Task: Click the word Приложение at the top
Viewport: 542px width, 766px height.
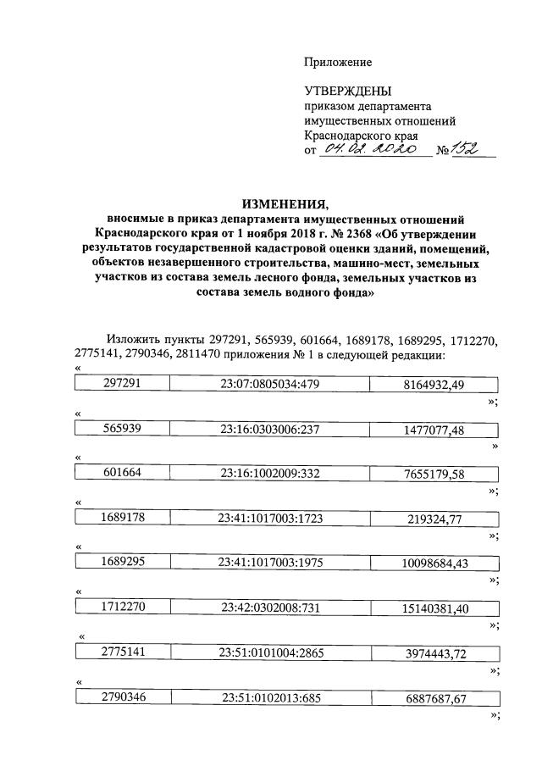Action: pyautogui.click(x=338, y=63)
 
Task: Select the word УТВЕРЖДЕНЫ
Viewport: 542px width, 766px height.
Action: pyautogui.click(x=348, y=92)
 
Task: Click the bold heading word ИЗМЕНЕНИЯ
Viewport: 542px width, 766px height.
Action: pyautogui.click(x=284, y=203)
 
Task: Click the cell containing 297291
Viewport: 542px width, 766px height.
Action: pyautogui.click(x=121, y=384)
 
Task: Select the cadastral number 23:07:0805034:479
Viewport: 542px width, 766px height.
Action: pyautogui.click(x=269, y=384)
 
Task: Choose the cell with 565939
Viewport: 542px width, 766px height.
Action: pyautogui.click(x=121, y=430)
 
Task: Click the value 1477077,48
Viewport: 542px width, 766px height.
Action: pyautogui.click(x=433, y=430)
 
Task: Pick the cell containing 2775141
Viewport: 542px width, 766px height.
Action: pyautogui.click(x=121, y=652)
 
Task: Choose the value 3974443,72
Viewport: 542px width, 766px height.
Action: pyautogui.click(x=433, y=652)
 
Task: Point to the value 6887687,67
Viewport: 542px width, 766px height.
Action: pyautogui.click(x=433, y=697)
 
